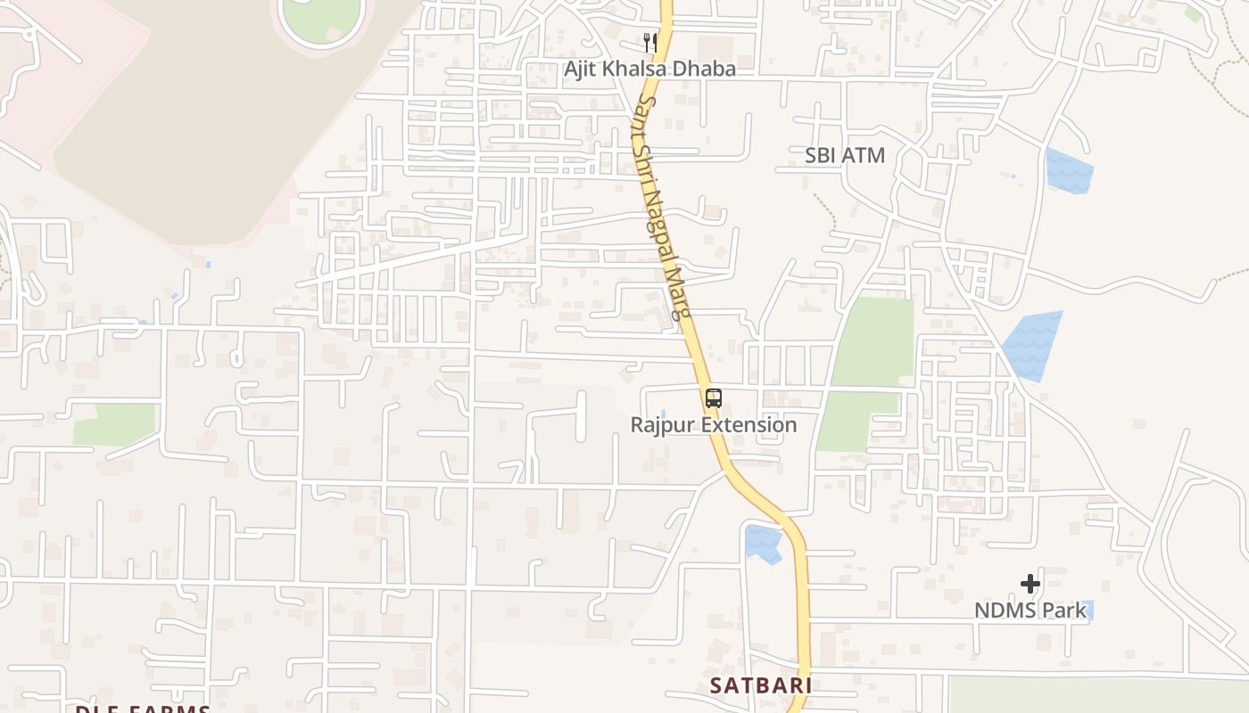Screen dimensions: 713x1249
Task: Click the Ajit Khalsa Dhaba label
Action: (649, 69)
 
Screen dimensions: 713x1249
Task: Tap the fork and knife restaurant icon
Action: (650, 41)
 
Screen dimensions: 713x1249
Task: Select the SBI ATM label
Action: (844, 155)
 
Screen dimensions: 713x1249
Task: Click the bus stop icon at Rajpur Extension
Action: (713, 398)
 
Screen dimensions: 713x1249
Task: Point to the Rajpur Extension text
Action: (713, 424)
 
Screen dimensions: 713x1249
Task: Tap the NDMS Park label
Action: (1030, 611)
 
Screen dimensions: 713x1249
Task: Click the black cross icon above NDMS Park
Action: (1030, 584)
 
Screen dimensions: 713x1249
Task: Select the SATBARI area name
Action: (761, 685)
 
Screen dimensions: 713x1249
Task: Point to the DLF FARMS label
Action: (143, 709)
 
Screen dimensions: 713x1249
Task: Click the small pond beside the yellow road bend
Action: (764, 543)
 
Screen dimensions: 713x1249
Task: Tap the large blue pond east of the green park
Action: (1034, 346)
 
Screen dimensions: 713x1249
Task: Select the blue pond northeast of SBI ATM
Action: (1069, 171)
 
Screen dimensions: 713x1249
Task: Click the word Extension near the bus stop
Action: (749, 424)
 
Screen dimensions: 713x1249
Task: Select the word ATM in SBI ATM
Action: (863, 155)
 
